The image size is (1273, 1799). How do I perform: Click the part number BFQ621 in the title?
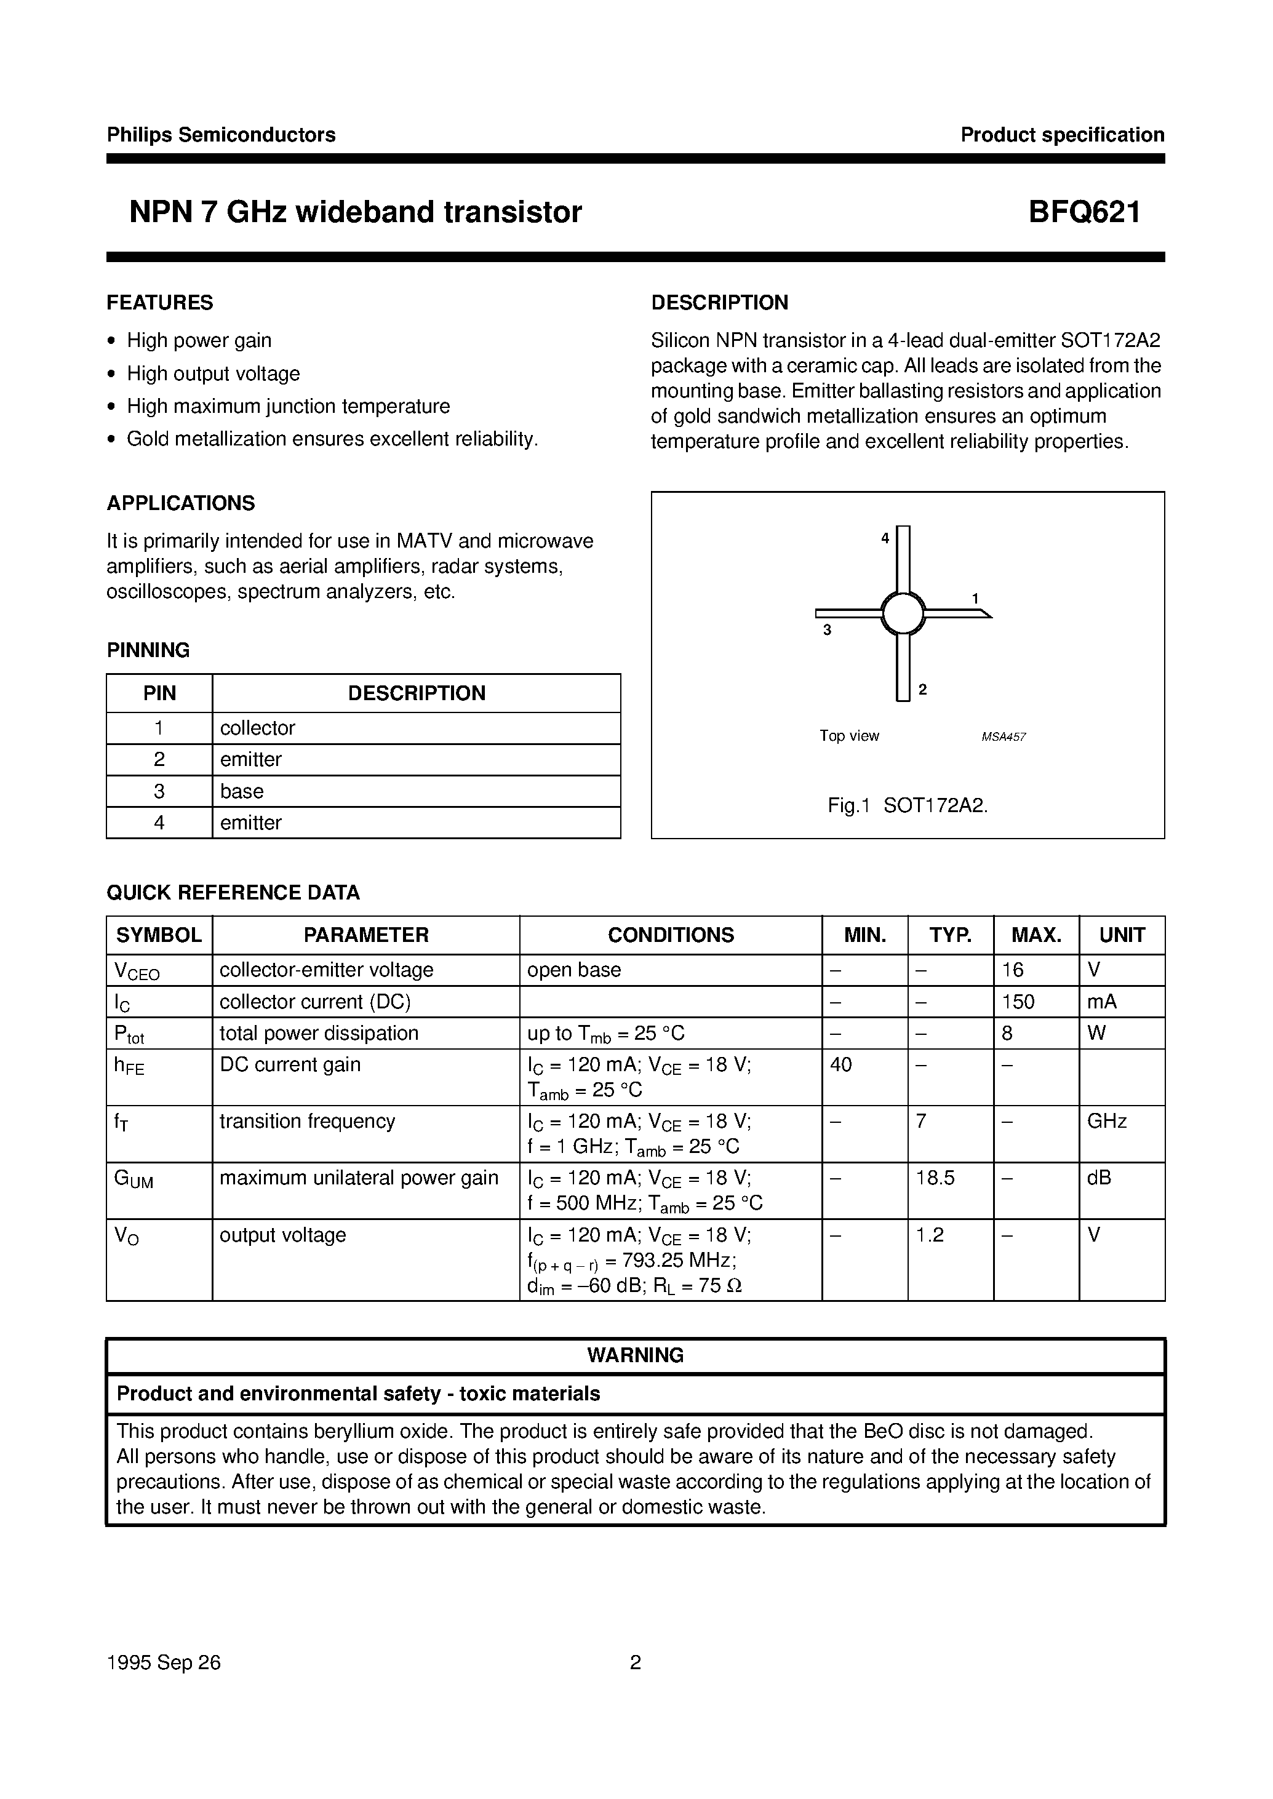coord(1084,212)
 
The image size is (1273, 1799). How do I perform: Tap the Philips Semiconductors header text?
coord(221,135)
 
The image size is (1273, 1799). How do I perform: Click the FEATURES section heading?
coord(160,303)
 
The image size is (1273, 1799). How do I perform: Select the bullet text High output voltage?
coord(213,374)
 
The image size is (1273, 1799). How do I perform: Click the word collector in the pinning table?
coord(257,728)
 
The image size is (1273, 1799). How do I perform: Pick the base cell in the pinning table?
coord(241,792)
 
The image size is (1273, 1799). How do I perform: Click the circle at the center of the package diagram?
coord(903,613)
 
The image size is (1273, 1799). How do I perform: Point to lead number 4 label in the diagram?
coord(885,538)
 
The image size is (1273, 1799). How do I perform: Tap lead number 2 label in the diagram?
coord(923,690)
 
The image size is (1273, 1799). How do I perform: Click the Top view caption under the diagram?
coord(849,736)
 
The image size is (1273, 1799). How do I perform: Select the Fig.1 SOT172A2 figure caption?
coord(908,806)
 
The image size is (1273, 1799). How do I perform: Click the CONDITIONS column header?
coord(671,935)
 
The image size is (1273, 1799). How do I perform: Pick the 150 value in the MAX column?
coord(1018,1002)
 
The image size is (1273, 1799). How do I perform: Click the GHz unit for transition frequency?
coord(1106,1122)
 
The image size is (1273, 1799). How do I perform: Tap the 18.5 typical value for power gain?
coord(935,1178)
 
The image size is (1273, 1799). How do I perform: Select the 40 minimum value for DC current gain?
coord(840,1065)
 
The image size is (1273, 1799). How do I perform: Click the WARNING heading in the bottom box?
coord(635,1355)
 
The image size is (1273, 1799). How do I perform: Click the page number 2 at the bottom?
coord(636,1662)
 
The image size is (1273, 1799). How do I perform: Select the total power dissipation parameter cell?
coord(319,1033)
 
